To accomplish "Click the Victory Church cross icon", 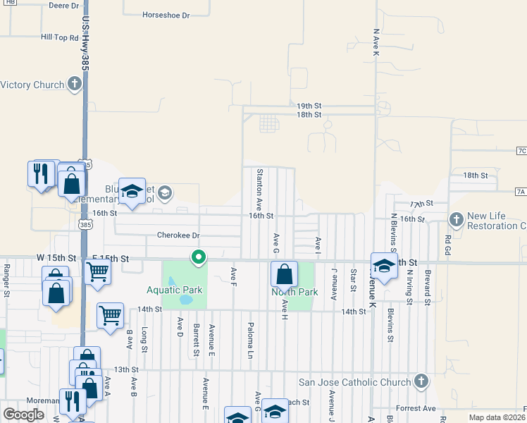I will [75, 85].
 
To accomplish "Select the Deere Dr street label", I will [64, 6].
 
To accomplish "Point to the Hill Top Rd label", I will [59, 37].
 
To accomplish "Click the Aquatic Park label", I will [175, 290].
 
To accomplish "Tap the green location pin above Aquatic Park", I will [199, 259].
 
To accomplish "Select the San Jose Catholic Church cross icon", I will [421, 382].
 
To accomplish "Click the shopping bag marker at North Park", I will [283, 274].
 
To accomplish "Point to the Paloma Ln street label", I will [250, 340].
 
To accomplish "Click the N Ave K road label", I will [376, 43].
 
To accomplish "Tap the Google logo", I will [24, 415].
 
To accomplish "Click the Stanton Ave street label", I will [259, 185].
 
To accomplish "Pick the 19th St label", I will [309, 104].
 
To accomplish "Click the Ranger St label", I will [6, 280].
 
